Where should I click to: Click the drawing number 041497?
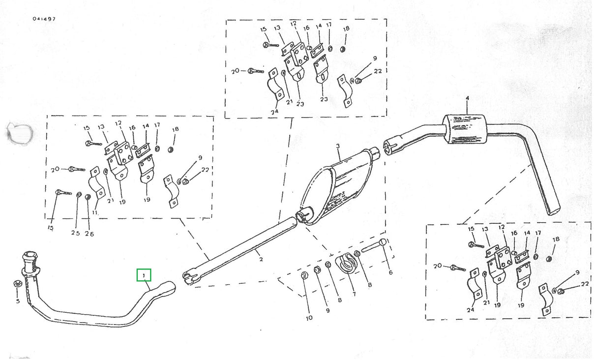(44, 19)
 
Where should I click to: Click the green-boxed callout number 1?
(144, 275)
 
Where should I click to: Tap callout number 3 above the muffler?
(338, 147)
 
